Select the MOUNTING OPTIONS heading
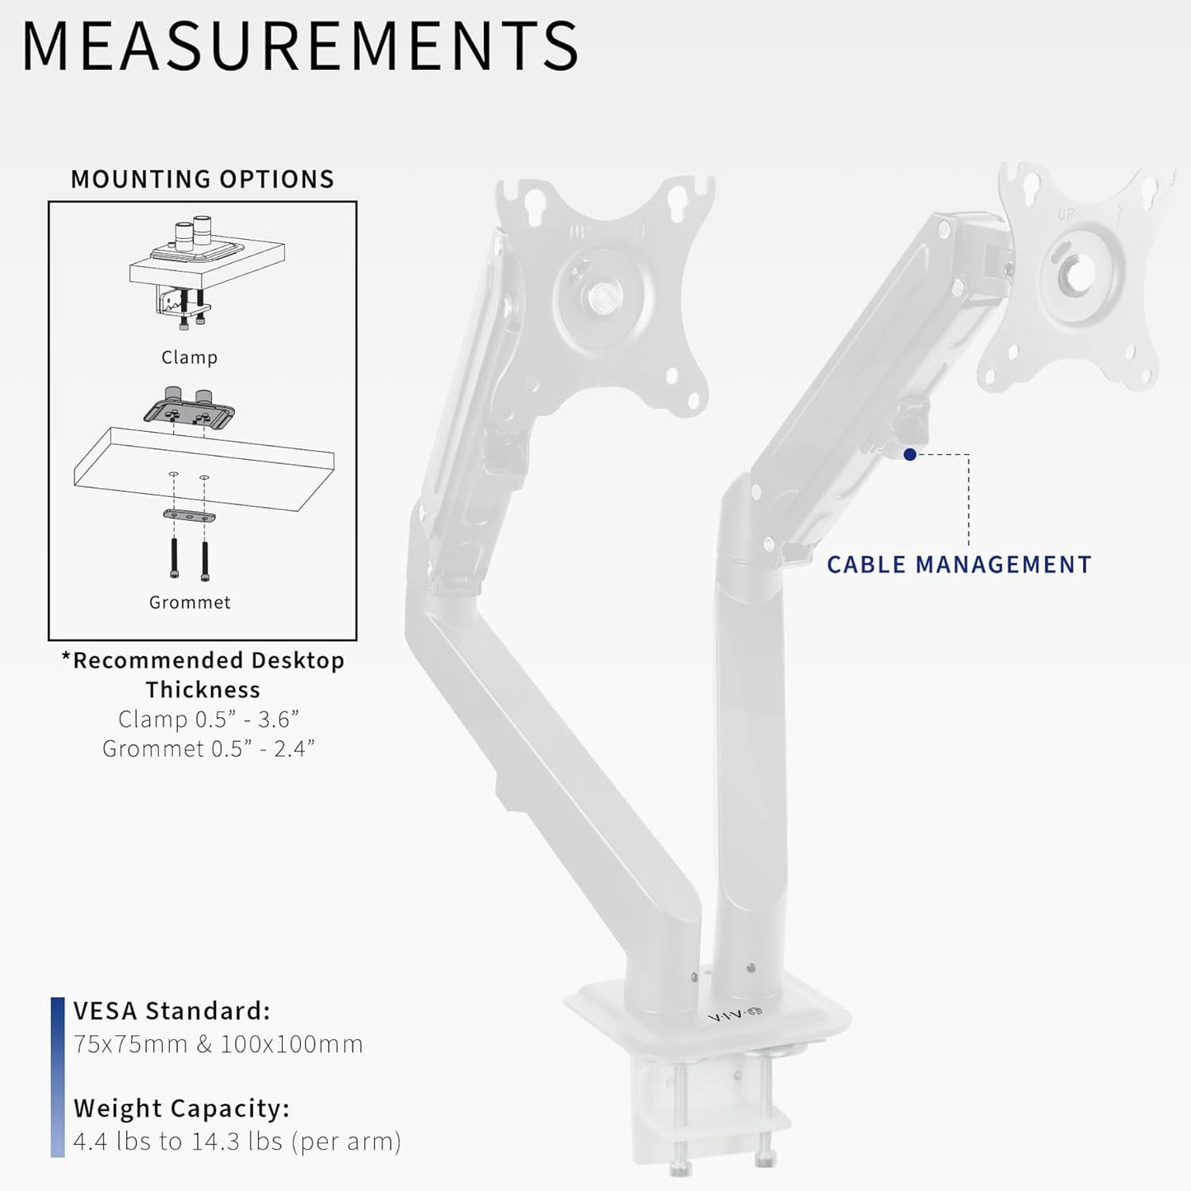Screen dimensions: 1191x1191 [x=202, y=179]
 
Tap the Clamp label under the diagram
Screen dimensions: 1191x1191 [x=190, y=357]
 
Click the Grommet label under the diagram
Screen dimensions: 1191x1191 [x=190, y=603]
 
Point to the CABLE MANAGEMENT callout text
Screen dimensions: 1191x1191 [x=959, y=565]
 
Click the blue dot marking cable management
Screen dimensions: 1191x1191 [x=910, y=454]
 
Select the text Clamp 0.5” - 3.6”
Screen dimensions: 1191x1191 [x=203, y=719]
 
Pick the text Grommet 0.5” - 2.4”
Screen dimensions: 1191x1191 [x=209, y=748]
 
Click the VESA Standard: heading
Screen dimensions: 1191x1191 [x=171, y=1010]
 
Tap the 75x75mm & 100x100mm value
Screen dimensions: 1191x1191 [x=218, y=1044]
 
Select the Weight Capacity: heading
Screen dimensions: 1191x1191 [x=181, y=1109]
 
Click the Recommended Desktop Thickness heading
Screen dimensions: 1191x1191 [x=203, y=674]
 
